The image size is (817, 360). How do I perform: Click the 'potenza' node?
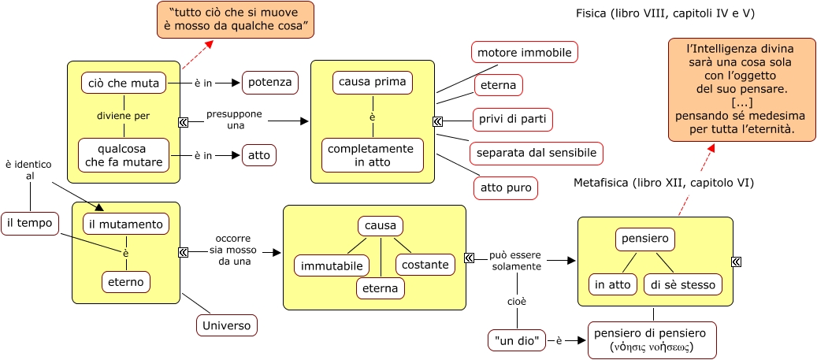click(270, 82)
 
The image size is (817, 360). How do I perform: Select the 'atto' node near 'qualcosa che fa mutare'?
click(258, 155)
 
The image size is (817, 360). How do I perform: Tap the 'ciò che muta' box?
click(124, 83)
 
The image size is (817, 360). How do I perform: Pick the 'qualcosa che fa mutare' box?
click(124, 155)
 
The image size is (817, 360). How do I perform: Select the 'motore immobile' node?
click(525, 53)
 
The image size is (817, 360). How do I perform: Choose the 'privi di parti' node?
click(512, 120)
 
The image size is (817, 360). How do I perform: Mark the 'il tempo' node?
click(30, 224)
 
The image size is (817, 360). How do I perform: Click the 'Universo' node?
click(226, 325)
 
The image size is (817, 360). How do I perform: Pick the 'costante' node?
click(425, 265)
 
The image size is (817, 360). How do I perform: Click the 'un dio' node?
click(517, 340)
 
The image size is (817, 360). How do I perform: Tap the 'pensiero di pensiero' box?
click(652, 340)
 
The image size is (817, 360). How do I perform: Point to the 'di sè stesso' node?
click(681, 284)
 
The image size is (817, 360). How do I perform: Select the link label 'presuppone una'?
click(234, 120)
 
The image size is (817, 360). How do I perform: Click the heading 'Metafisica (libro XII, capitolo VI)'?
click(664, 183)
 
